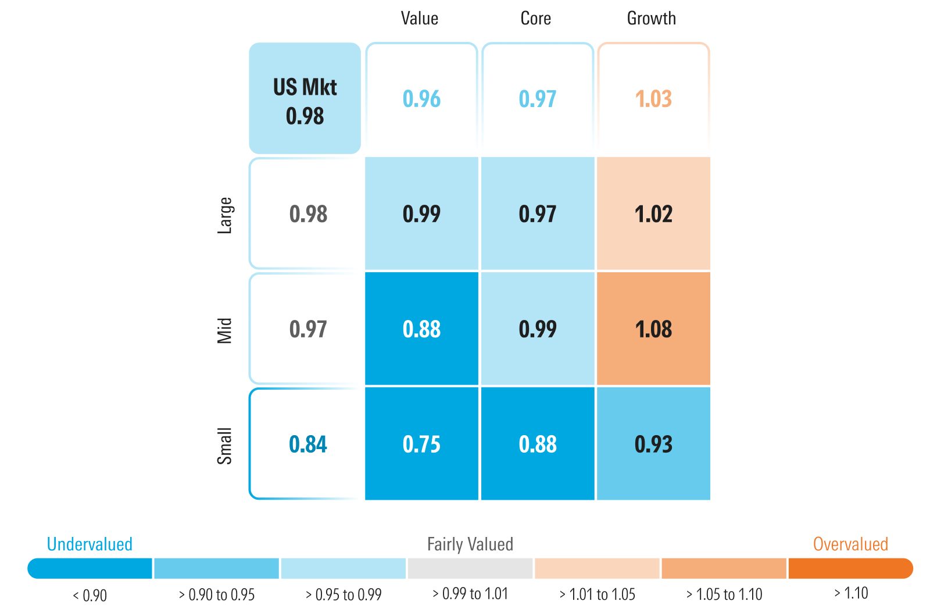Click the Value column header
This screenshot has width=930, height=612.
click(x=419, y=19)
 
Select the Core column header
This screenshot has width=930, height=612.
click(x=535, y=19)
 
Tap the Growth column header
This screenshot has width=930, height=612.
click(x=651, y=19)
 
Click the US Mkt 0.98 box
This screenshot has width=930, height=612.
click(x=305, y=99)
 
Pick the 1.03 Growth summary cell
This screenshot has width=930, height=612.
click(x=653, y=99)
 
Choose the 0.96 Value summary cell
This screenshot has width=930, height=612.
click(x=421, y=99)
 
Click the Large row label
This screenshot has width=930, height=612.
click(x=225, y=215)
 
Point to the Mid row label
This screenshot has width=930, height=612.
click(x=225, y=330)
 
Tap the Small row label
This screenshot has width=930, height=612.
click(x=225, y=446)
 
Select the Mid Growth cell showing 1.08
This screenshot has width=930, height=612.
click(x=653, y=329)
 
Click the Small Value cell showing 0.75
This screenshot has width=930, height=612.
click(x=421, y=444)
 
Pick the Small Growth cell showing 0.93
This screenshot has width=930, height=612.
click(x=653, y=444)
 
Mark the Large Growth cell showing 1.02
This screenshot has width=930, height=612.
click(x=653, y=214)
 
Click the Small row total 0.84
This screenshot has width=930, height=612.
click(x=307, y=444)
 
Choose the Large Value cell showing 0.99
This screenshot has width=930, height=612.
click(x=421, y=214)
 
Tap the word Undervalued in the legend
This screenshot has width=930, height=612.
click(x=90, y=545)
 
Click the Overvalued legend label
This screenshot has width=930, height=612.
click(x=850, y=545)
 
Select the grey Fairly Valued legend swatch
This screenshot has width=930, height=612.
click(x=470, y=568)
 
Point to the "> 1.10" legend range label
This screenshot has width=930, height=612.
click(x=850, y=593)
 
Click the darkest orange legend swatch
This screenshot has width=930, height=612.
click(x=850, y=568)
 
